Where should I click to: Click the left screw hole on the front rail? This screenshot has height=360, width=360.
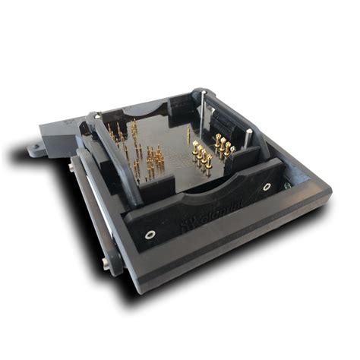tap(150, 235)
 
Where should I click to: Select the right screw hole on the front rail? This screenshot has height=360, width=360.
tap(267, 186)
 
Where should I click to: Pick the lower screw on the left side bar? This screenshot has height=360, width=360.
tap(105, 263)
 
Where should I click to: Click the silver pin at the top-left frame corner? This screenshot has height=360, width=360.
tap(96, 117)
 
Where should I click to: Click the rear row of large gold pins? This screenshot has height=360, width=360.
tap(224, 144)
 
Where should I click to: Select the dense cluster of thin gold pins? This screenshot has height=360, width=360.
tap(152, 161)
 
